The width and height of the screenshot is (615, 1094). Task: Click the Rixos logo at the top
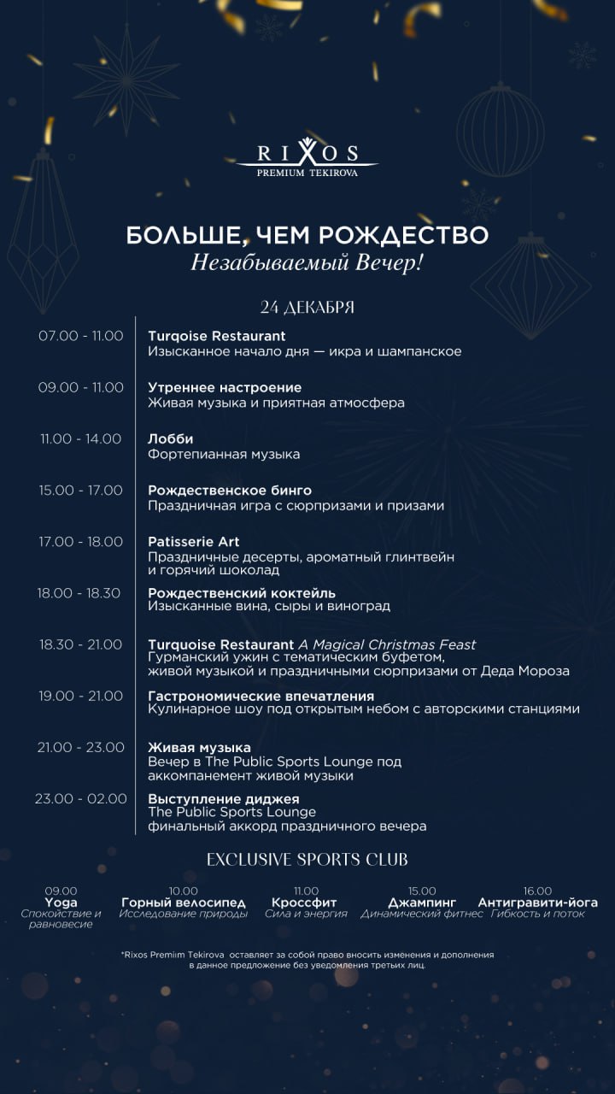pyautogui.click(x=307, y=159)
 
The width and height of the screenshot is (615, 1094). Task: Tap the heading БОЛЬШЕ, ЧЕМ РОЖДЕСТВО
pyautogui.click(x=307, y=235)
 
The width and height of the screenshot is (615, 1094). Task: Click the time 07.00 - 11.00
pyautogui.click(x=81, y=336)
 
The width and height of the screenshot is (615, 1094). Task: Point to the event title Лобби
pyautogui.click(x=171, y=439)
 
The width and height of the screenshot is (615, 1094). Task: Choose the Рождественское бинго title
pyautogui.click(x=230, y=491)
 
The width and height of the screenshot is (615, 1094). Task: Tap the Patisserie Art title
pyautogui.click(x=194, y=542)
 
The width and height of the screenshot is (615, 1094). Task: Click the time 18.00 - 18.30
pyautogui.click(x=79, y=593)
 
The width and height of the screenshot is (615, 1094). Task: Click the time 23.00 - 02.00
pyautogui.click(x=81, y=799)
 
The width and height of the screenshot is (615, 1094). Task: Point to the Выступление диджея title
pyautogui.click(x=224, y=799)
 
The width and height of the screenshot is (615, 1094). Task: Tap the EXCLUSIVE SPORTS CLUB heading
pyautogui.click(x=307, y=859)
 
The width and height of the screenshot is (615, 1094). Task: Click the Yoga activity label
pyautogui.click(x=61, y=903)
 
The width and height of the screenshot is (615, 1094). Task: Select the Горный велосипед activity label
pyautogui.click(x=184, y=903)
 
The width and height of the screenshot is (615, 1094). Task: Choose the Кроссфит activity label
pyautogui.click(x=305, y=903)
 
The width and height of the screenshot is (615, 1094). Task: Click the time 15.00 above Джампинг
pyautogui.click(x=422, y=891)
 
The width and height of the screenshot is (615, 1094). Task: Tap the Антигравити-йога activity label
pyautogui.click(x=538, y=903)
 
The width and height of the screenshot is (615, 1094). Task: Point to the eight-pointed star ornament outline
pyautogui.click(x=126, y=79)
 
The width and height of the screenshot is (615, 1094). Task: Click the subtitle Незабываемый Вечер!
pyautogui.click(x=307, y=262)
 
